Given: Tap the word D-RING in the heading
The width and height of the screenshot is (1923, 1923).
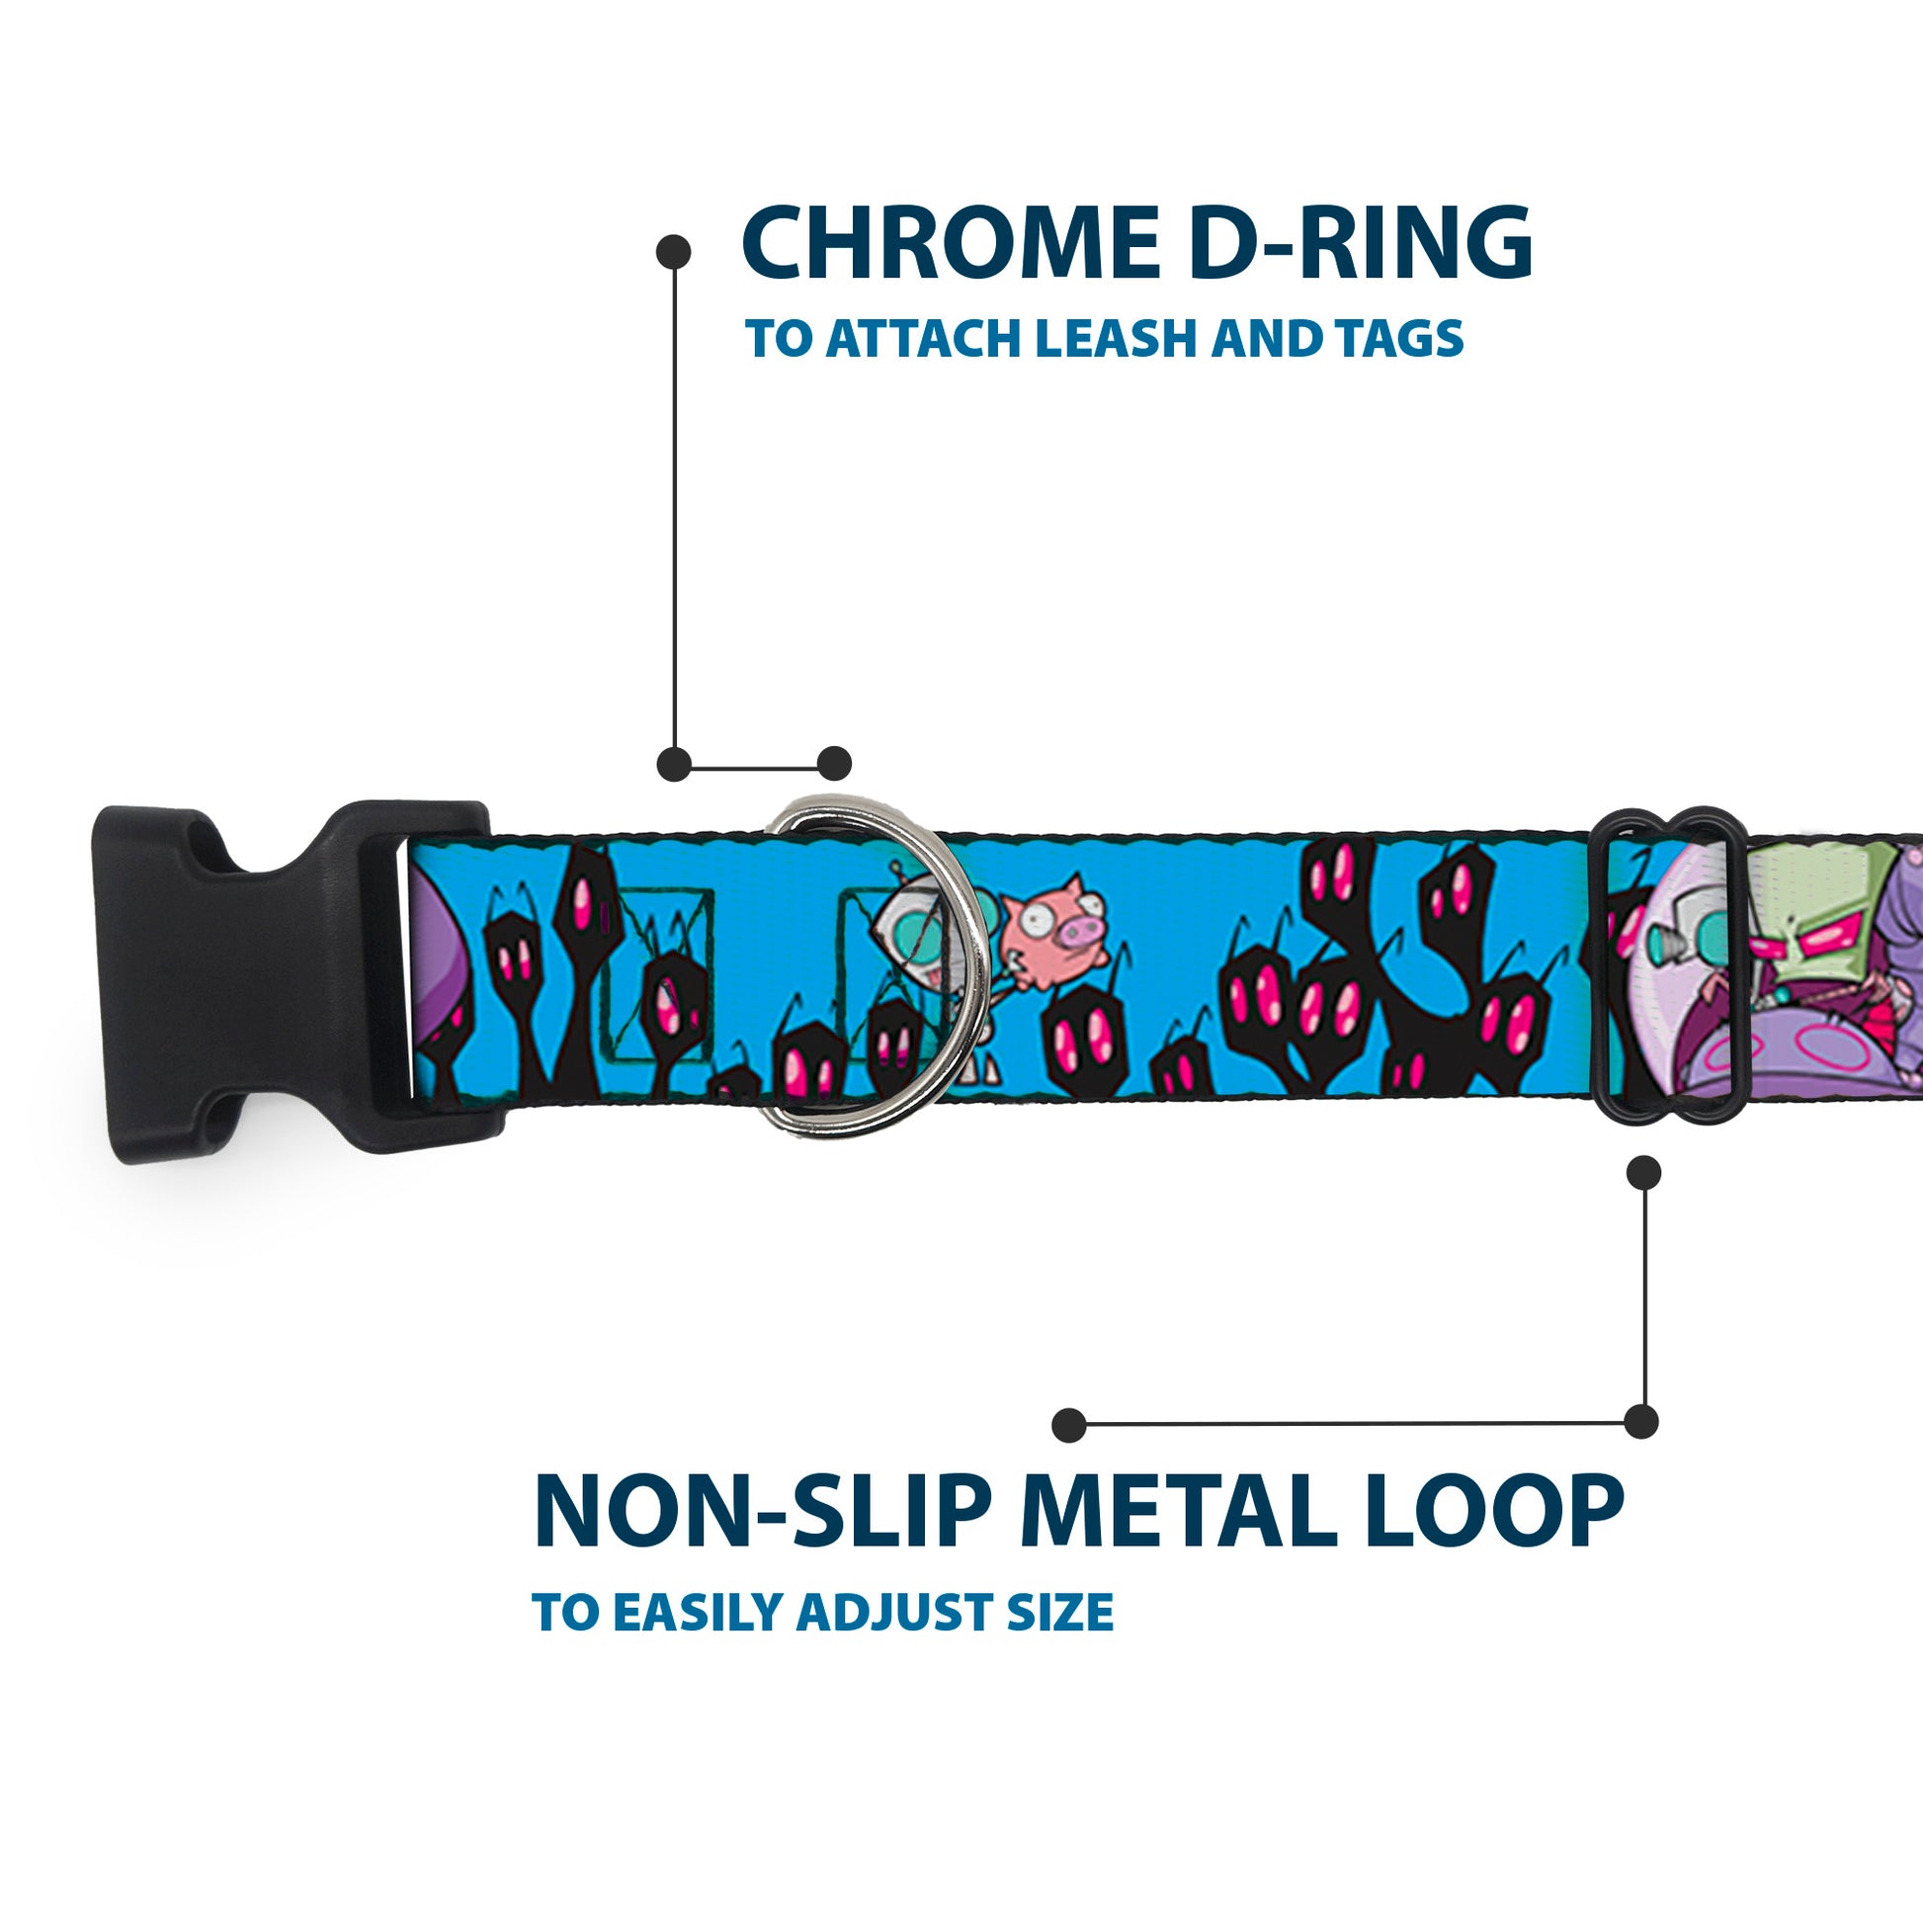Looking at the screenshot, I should pos(1361,244).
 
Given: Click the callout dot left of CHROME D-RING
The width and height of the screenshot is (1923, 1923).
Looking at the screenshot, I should pos(674,252).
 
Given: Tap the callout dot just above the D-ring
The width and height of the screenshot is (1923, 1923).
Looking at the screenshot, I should pos(834,764).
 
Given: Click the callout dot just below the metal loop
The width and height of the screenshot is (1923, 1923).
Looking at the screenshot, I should pos(1643,1173).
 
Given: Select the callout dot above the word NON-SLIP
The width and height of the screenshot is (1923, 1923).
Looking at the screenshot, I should pos(1069,1425).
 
